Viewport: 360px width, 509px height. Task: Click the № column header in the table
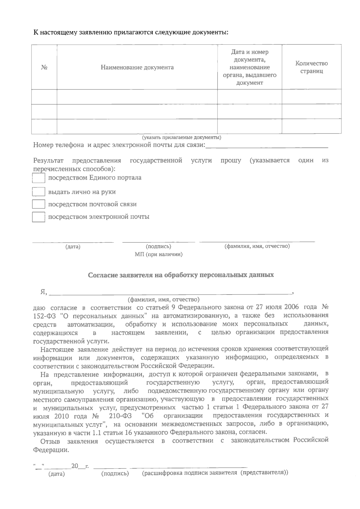tap(44, 67)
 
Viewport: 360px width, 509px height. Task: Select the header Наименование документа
tap(137, 67)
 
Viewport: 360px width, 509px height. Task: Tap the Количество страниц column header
tap(311, 67)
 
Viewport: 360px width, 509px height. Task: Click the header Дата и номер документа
tap(250, 67)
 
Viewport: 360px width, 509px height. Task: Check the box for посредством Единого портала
tap(38, 178)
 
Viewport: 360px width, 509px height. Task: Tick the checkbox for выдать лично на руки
tap(38, 192)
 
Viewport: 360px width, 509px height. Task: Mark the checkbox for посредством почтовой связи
tap(38, 204)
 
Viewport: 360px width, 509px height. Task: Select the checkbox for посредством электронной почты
tap(38, 217)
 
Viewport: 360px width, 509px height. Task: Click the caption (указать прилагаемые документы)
tap(181, 138)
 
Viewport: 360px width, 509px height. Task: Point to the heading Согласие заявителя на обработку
tap(181, 275)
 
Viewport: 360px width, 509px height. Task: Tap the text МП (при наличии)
tap(159, 255)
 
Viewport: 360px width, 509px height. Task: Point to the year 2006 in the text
tap(291, 307)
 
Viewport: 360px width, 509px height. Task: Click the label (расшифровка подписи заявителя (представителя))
tap(215, 473)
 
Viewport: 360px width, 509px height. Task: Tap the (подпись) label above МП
tap(158, 247)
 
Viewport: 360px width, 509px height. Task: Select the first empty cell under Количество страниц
tap(311, 97)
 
